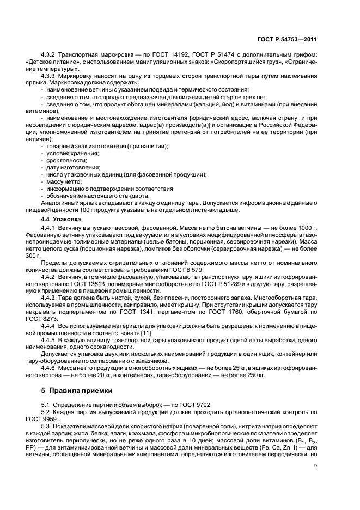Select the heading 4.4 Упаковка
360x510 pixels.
coord(59,218)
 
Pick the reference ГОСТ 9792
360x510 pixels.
coord(194,405)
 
